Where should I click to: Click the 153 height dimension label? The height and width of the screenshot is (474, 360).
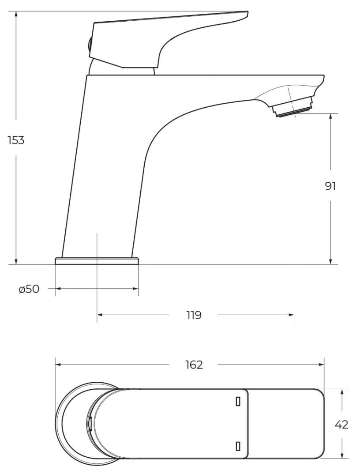(16, 140)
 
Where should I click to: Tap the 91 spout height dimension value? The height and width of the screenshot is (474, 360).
(330, 186)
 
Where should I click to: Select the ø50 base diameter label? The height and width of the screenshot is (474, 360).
(29, 289)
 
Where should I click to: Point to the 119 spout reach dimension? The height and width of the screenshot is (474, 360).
(194, 315)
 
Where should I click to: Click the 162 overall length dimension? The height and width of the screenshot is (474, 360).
(194, 365)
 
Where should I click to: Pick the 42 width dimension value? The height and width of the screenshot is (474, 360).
(341, 425)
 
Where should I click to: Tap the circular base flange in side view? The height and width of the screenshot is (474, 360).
(97, 261)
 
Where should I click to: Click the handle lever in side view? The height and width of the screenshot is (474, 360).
(169, 39)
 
